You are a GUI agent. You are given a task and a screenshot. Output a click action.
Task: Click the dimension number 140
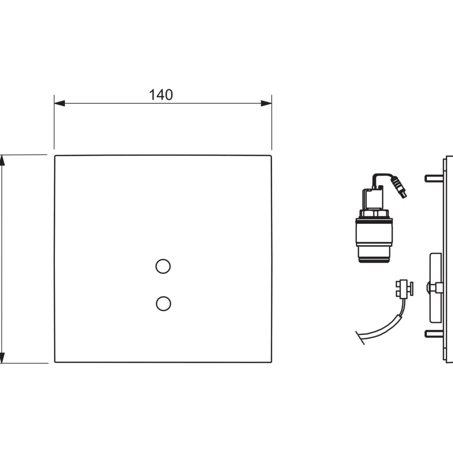click(x=161, y=95)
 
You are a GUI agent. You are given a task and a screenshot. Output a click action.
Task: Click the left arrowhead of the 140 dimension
click(x=59, y=103)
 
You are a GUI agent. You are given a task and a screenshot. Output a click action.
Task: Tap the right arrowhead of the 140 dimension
click(x=266, y=103)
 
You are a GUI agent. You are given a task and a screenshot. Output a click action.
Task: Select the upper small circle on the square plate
click(x=163, y=266)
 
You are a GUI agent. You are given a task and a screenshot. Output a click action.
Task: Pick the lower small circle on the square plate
click(x=164, y=304)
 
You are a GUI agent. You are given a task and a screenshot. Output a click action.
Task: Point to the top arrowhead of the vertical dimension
click(x=2, y=160)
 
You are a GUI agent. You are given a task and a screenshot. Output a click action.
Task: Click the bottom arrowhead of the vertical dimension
click(x=2, y=358)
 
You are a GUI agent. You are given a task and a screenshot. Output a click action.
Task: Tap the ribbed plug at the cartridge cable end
click(x=398, y=187)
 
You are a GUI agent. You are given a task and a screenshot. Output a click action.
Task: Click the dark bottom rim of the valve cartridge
click(x=374, y=260)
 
